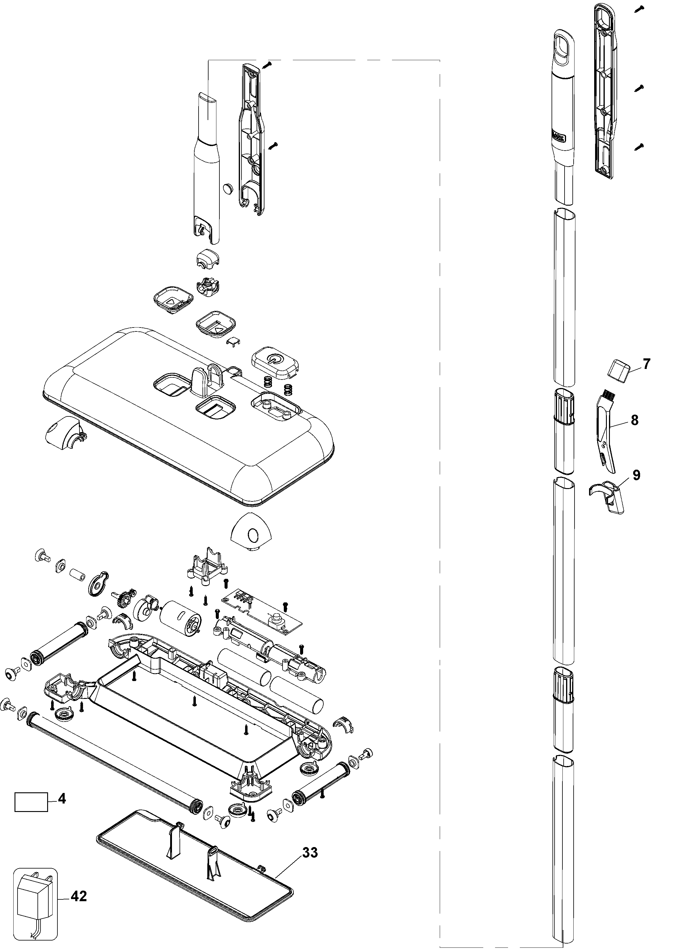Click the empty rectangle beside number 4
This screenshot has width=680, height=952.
pos(31,802)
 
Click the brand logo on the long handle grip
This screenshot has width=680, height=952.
pos(559,136)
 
